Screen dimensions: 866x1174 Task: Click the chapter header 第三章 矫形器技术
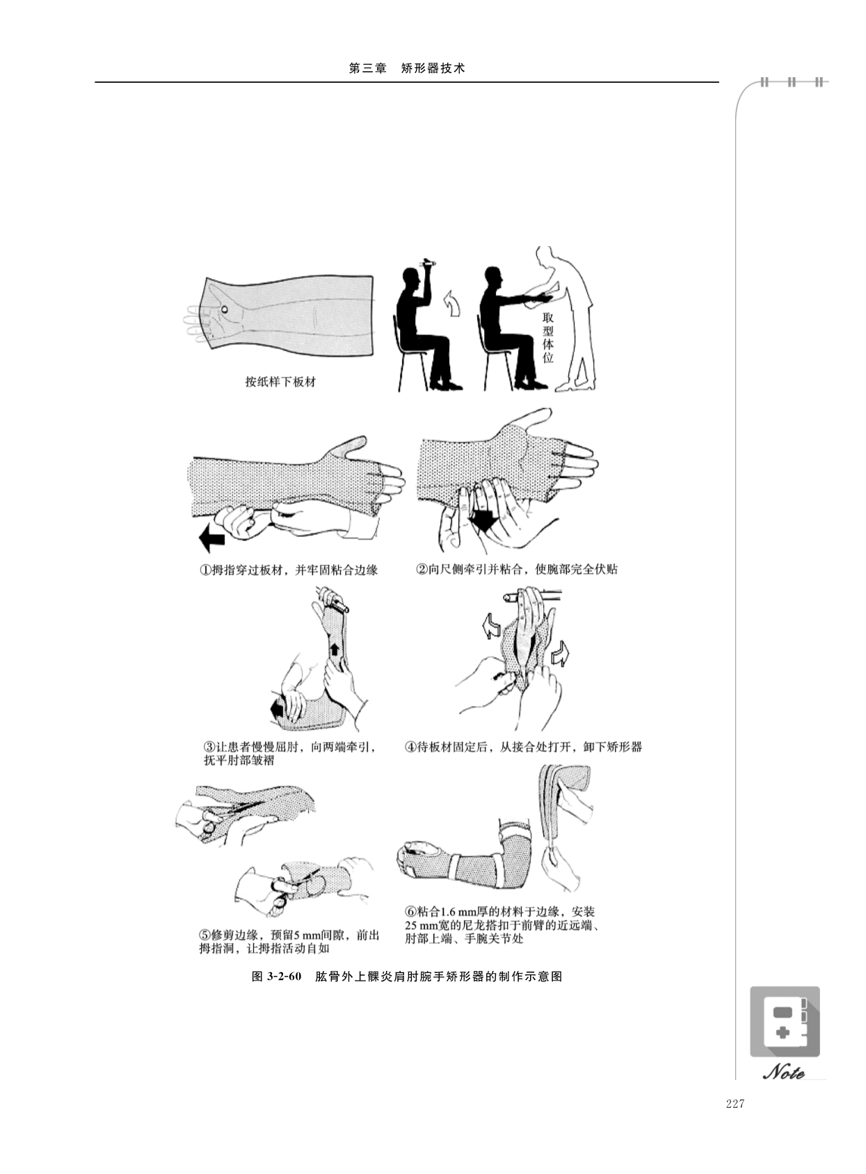click(x=407, y=69)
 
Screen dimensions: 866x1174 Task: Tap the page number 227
click(x=735, y=1103)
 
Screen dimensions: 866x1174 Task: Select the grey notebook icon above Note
click(x=785, y=1022)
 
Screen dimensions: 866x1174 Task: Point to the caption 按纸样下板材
click(x=280, y=382)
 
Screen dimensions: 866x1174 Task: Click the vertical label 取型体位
click(x=548, y=337)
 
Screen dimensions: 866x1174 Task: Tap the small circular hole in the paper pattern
click(x=225, y=309)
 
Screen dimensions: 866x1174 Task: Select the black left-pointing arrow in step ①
click(x=211, y=537)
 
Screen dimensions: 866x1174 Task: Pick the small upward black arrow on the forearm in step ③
click(x=333, y=650)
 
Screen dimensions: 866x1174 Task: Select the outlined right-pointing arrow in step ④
click(x=561, y=654)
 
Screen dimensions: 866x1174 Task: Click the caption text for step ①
click(x=288, y=570)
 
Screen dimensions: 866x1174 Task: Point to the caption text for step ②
click(x=516, y=569)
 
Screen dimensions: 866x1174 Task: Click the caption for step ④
click(x=523, y=747)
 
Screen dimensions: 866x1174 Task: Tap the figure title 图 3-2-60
click(x=277, y=976)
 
